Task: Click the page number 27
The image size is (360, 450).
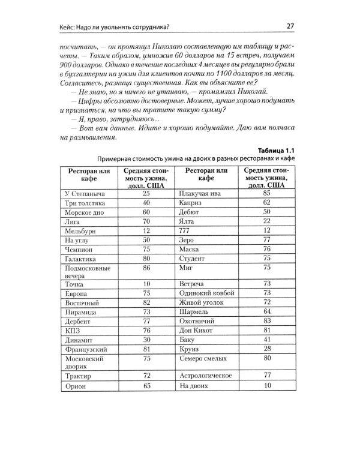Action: [x=289, y=25]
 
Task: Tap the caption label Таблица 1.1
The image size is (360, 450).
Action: [x=274, y=149]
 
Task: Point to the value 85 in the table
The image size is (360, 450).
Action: [x=267, y=194]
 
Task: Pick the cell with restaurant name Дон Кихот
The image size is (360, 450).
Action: [x=196, y=330]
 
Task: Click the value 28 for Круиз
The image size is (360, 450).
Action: [x=267, y=349]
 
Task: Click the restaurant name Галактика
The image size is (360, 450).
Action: [x=80, y=259]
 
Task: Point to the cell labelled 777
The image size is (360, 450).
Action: [x=185, y=231]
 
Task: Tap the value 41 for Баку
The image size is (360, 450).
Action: [x=267, y=340]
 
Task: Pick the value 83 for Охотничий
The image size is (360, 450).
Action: [x=267, y=321]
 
